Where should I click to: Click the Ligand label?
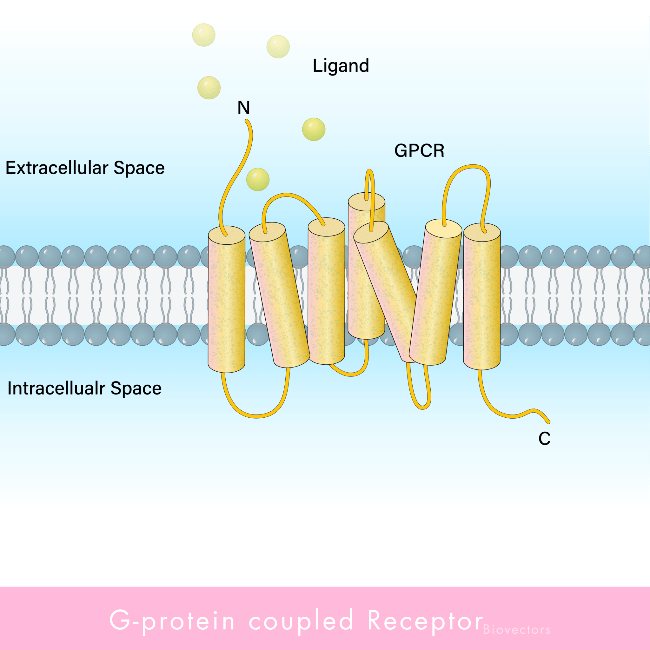[x=341, y=66]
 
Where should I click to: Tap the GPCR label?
[x=419, y=150]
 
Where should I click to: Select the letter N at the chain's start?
[x=243, y=108]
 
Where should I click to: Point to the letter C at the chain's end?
[x=544, y=439]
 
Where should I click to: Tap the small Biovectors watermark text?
[x=516, y=630]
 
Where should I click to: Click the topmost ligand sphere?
[x=203, y=35]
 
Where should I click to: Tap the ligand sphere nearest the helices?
[x=258, y=180]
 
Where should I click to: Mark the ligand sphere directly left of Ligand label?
[x=278, y=47]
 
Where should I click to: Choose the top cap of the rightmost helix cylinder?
[x=482, y=232]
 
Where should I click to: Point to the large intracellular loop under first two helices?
[x=256, y=416]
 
